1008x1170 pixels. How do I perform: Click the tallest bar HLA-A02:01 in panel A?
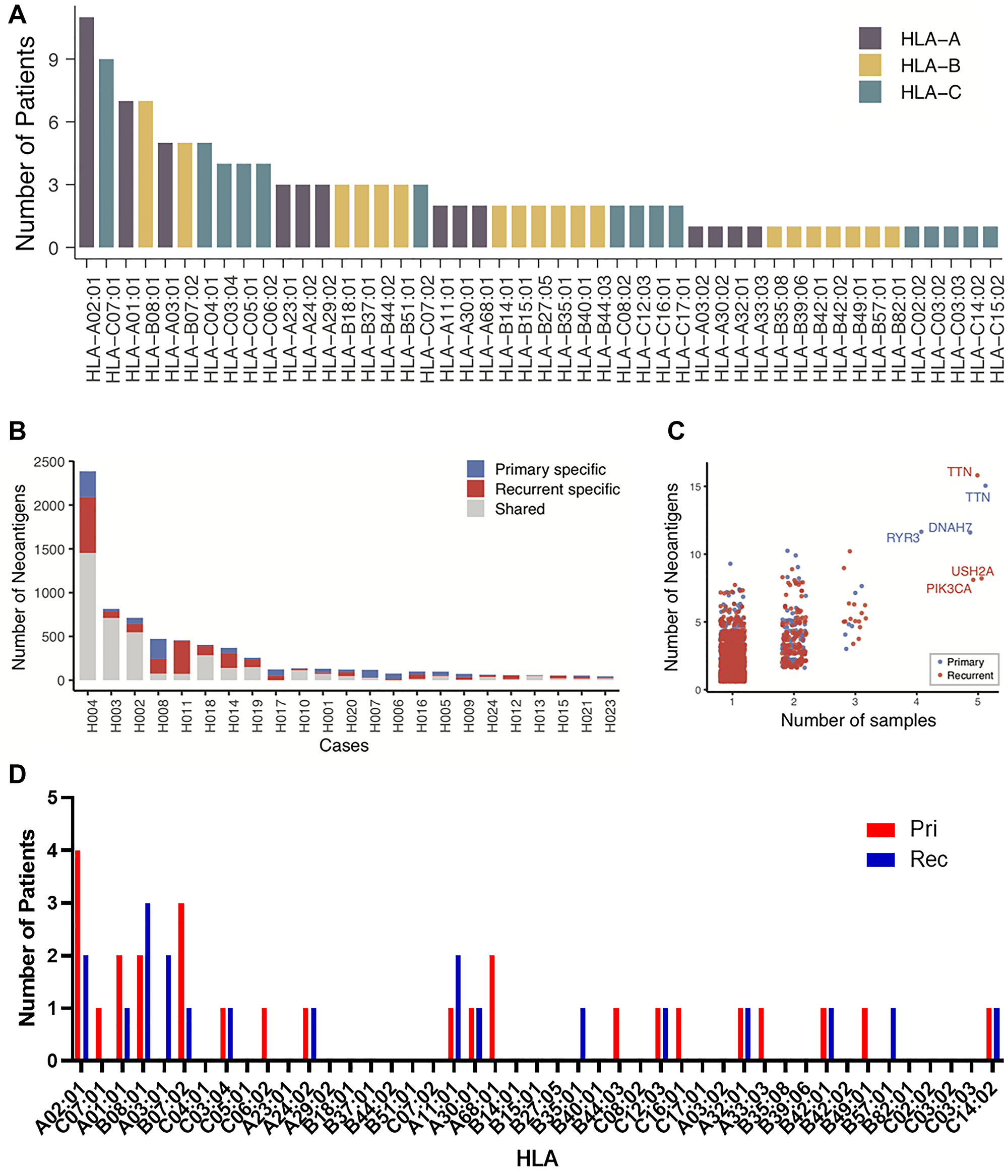pyautogui.click(x=86, y=133)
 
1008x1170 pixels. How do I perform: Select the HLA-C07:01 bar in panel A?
pyautogui.click(x=106, y=154)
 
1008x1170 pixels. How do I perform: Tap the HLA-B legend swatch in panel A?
pyautogui.click(x=869, y=66)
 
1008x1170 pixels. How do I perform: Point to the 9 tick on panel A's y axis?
pyautogui.click(x=53, y=59)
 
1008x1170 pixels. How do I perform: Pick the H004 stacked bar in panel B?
pyautogui.click(x=88, y=576)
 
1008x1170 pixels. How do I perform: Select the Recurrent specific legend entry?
pyautogui.click(x=557, y=489)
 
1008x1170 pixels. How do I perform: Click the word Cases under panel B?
pyautogui.click(x=343, y=746)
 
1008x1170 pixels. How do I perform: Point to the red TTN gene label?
pyautogui.click(x=959, y=472)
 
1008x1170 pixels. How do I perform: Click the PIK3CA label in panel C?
pyautogui.click(x=948, y=589)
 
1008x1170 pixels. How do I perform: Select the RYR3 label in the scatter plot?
pyautogui.click(x=902, y=537)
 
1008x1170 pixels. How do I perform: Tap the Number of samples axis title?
pyautogui.click(x=858, y=720)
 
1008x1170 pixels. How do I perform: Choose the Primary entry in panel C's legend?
pyautogui.click(x=965, y=662)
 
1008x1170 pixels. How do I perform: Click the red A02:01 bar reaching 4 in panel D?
pyautogui.click(x=78, y=954)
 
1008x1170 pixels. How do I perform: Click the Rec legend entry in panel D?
pyautogui.click(x=928, y=859)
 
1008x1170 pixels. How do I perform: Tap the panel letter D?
pyautogui.click(x=17, y=774)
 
